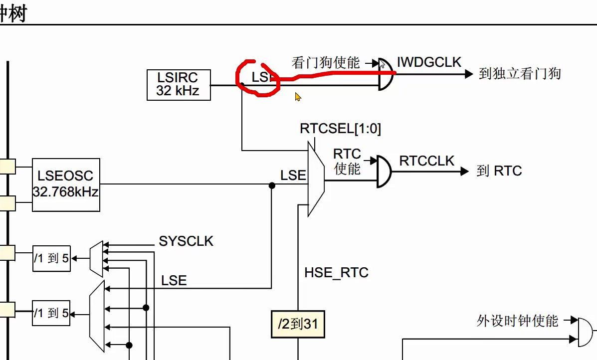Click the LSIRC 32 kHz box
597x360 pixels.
pyautogui.click(x=179, y=85)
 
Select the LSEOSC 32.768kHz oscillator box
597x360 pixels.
pyautogui.click(x=66, y=184)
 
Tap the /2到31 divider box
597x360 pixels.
pyautogui.click(x=298, y=324)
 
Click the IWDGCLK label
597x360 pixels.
pyautogui.click(x=429, y=62)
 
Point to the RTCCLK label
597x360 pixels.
pyautogui.click(x=427, y=161)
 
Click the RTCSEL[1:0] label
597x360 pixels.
pyautogui.click(x=340, y=129)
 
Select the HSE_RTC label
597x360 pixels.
pyautogui.click(x=336, y=273)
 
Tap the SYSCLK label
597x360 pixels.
pyautogui.click(x=186, y=241)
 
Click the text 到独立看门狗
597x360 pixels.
pyautogui.click(x=520, y=74)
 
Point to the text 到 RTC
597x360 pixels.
pyautogui.click(x=499, y=171)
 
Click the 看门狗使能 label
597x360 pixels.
pyautogui.click(x=325, y=63)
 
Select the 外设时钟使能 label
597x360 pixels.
pyautogui.click(x=517, y=321)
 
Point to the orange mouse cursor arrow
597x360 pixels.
pyautogui.click(x=298, y=96)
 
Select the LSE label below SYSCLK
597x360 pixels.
pyautogui.click(x=174, y=281)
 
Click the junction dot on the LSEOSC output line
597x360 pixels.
pyautogui.click(x=272, y=185)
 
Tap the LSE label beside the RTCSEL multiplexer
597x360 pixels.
pyautogui.click(x=293, y=176)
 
